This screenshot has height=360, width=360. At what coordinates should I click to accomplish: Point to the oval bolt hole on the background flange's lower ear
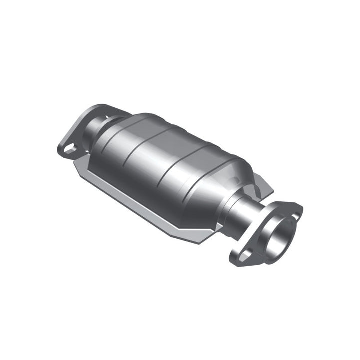point(69,147)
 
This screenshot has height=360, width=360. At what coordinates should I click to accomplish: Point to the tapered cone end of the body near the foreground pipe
point(220,190)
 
